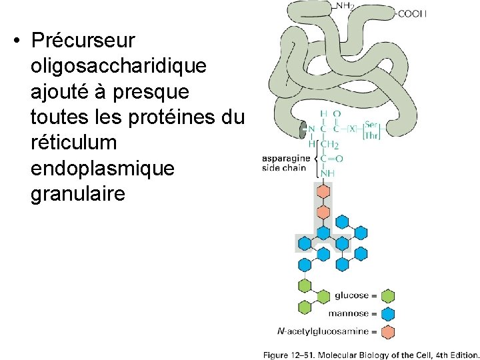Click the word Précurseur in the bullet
[x=83, y=41]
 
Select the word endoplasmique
[x=102, y=169]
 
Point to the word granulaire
[x=77, y=195]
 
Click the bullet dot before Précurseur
[x=15, y=41]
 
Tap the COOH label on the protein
[x=412, y=13]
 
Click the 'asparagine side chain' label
[x=284, y=163]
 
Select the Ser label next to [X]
[x=371, y=125]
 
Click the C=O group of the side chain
[x=331, y=159]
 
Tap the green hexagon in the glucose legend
[x=388, y=296]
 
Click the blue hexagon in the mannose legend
[x=388, y=313]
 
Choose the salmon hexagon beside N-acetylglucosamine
[x=388, y=331]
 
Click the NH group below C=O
[x=327, y=173]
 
